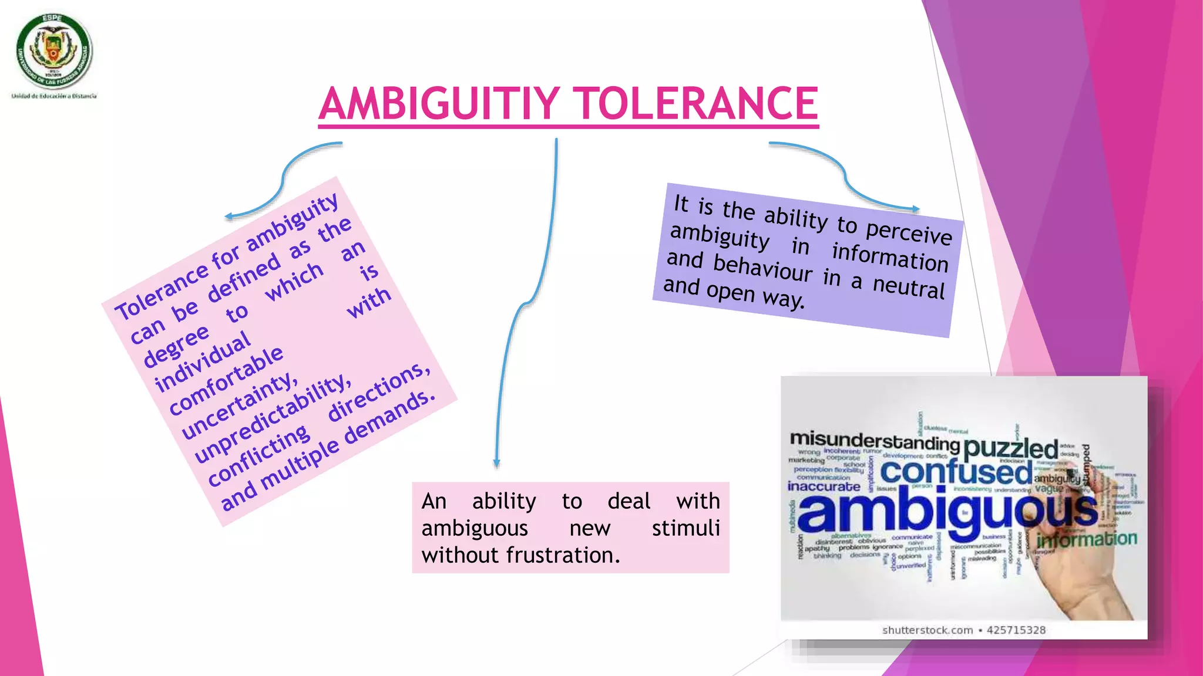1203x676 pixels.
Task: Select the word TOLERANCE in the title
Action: pyautogui.click(x=695, y=104)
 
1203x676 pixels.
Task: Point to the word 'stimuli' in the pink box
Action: pyautogui.click(x=685, y=528)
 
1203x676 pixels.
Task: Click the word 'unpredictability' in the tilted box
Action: pyautogui.click(x=273, y=417)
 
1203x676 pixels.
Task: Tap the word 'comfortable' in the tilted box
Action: pyautogui.click(x=226, y=380)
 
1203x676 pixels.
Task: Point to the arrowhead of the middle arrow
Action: pyautogui.click(x=496, y=463)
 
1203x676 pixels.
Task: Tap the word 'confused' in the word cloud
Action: pyautogui.click(x=956, y=472)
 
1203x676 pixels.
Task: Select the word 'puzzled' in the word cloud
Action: pyautogui.click(x=1010, y=448)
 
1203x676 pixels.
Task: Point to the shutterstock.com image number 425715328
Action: pyautogui.click(x=1016, y=630)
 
